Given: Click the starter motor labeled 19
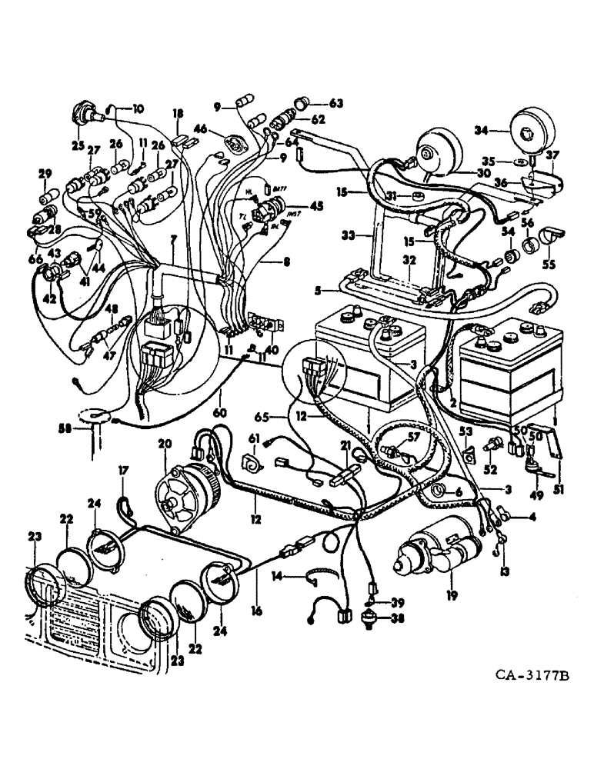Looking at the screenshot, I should coord(435,558).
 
